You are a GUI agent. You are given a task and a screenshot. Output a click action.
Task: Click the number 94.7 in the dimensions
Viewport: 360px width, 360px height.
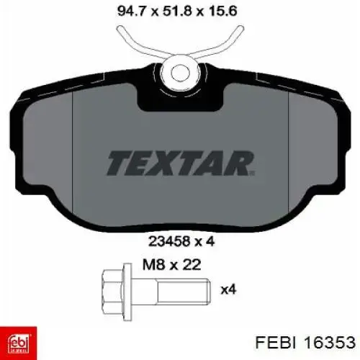(132, 12)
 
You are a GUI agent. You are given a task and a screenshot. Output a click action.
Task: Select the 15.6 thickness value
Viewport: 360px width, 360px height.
(222, 12)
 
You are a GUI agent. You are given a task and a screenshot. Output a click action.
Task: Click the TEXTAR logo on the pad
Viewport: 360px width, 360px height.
(181, 163)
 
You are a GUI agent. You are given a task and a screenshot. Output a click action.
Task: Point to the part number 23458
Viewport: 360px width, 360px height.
(169, 241)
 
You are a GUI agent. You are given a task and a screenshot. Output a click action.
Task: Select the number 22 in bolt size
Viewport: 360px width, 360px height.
(191, 265)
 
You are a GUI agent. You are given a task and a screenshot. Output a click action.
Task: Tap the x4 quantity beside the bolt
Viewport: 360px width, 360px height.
(228, 289)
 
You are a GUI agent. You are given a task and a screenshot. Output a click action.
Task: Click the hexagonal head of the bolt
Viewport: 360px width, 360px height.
(112, 292)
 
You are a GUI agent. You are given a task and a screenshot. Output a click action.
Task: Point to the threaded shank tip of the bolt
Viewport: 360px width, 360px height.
(208, 292)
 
